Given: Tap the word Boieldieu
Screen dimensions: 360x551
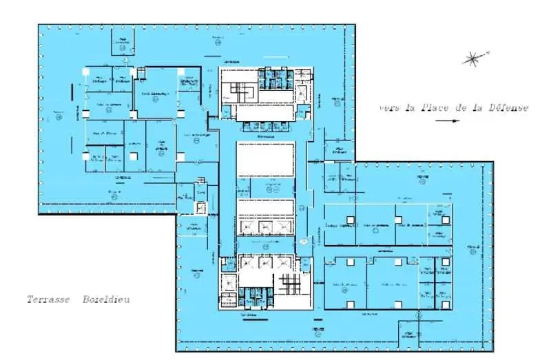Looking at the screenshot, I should tap(106, 300).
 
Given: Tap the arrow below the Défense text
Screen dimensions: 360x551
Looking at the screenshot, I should tap(447, 121).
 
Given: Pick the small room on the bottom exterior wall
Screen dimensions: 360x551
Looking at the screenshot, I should tap(410, 333).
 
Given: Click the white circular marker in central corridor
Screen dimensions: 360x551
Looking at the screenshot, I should tap(303, 242).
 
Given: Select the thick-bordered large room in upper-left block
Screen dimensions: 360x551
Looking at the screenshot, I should tap(156, 94).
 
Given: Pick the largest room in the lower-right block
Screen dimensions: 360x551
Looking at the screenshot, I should tap(392, 284).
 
